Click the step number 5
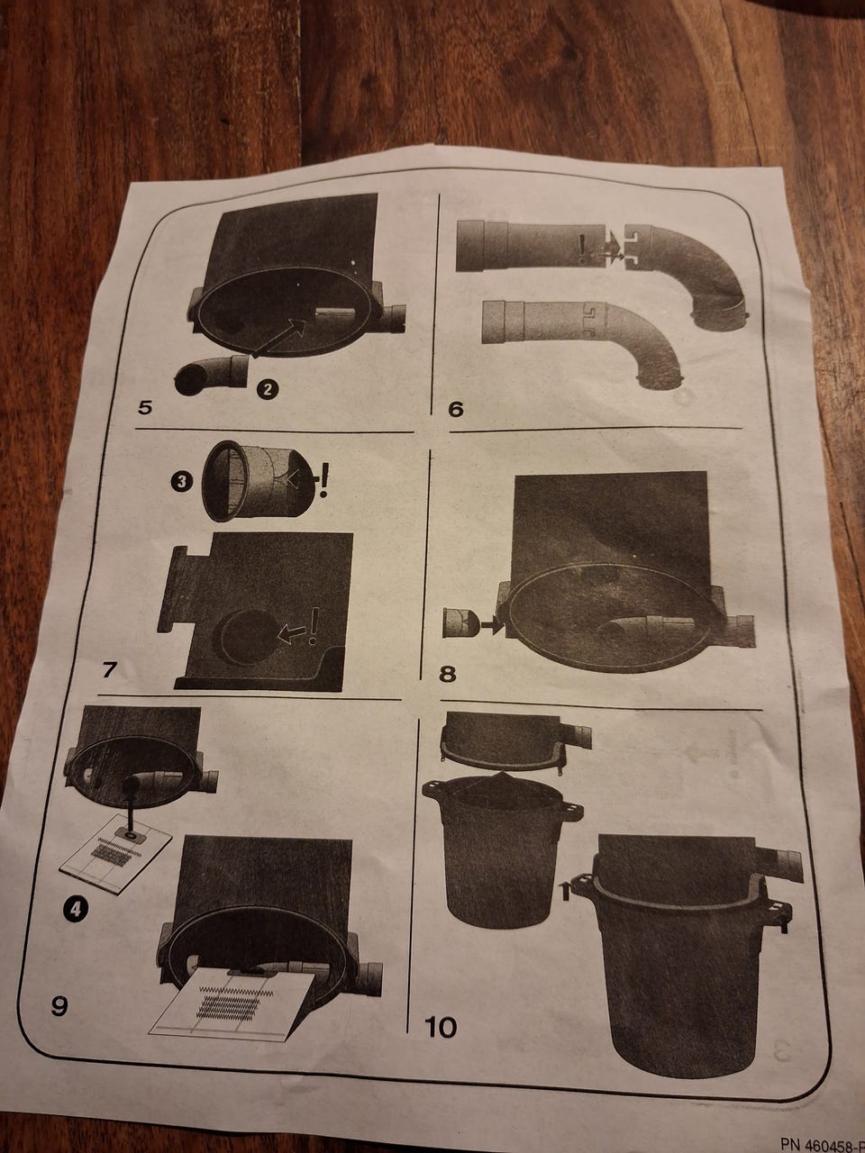(145, 407)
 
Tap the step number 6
(455, 409)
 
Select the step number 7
(109, 670)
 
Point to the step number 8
(447, 674)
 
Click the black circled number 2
(268, 389)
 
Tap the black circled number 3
(182, 482)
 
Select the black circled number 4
(76, 909)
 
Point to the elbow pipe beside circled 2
(211, 375)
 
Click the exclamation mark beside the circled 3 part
(323, 480)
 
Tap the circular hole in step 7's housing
(249, 637)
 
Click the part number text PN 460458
(822, 1144)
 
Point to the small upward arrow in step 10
(565, 892)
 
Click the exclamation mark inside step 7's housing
(314, 627)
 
